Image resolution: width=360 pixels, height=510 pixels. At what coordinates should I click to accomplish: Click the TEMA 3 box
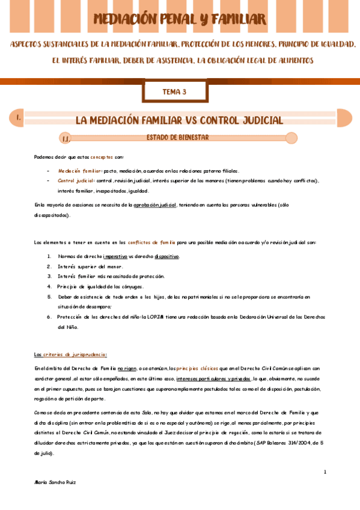[x=175, y=92]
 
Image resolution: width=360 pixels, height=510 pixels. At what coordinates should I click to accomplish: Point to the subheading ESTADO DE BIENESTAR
[x=177, y=138]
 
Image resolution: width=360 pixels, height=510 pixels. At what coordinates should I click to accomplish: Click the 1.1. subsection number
[x=66, y=139]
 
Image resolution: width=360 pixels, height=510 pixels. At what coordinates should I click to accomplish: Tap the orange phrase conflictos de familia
[x=151, y=242]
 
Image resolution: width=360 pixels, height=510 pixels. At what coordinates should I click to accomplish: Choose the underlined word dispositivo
[x=166, y=256]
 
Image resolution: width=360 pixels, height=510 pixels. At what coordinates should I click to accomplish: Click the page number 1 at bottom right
[x=325, y=472]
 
